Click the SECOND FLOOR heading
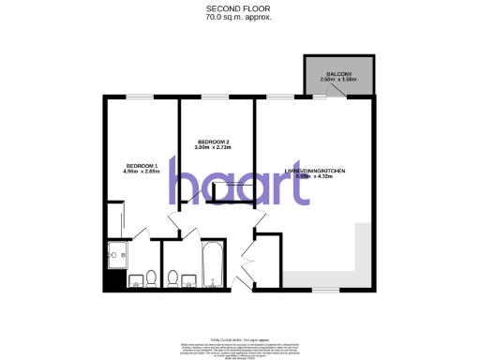(x=239, y=8)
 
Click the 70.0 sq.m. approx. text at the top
(x=239, y=17)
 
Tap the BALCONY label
(x=338, y=73)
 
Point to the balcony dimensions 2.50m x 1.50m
(x=338, y=80)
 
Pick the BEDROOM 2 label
(x=214, y=142)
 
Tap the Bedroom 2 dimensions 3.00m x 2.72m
(x=214, y=148)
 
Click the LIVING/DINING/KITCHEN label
(x=316, y=170)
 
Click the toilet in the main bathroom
(x=173, y=277)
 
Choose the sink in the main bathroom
(x=189, y=278)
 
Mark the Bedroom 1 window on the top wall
(x=141, y=95)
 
